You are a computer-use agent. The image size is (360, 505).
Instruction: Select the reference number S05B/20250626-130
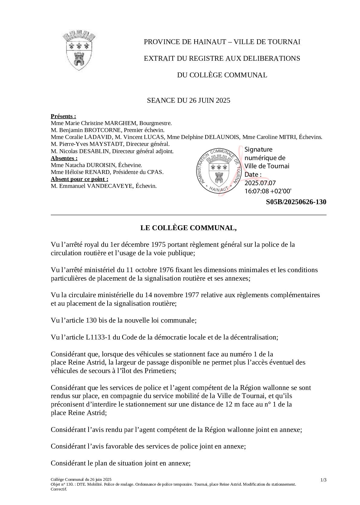296,202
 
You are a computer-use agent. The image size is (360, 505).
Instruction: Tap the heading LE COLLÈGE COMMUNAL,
188,228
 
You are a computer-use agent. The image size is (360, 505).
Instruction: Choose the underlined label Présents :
63,116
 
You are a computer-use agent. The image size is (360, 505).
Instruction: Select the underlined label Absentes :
64,158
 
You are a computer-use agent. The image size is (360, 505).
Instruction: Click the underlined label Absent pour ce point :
79,179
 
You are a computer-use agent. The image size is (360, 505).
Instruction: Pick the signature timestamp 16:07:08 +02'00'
268,191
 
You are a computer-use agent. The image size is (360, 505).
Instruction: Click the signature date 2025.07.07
260,183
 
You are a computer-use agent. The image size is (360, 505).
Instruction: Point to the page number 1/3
323,480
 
